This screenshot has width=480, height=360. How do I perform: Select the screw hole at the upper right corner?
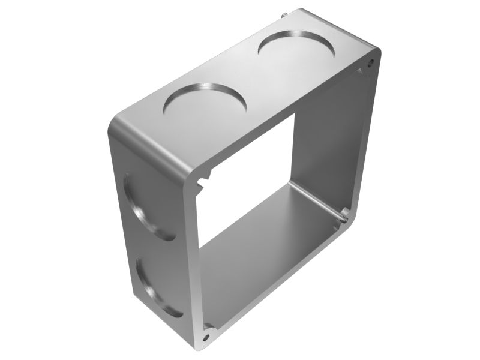click(x=371, y=61)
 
